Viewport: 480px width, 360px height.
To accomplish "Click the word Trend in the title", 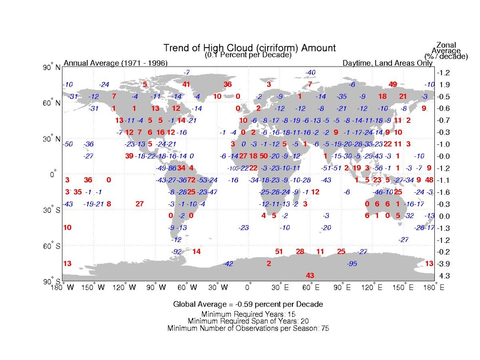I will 176,48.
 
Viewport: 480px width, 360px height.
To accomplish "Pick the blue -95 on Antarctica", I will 352,263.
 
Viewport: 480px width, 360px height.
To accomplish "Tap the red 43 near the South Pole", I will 310,275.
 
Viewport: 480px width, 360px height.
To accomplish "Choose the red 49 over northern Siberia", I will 393,84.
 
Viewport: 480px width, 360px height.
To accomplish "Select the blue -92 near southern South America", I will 177,251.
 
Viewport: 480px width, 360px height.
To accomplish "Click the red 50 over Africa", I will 264,156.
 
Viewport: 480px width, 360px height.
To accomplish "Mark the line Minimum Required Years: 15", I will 248,314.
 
